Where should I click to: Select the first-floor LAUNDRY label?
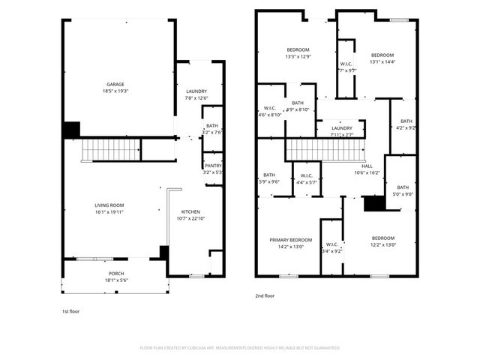click(x=196, y=91)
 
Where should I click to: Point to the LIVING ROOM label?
click(x=109, y=205)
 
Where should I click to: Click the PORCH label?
click(x=115, y=274)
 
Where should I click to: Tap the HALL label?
click(x=367, y=166)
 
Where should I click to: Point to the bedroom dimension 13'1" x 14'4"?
click(x=382, y=62)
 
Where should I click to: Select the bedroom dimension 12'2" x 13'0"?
click(x=382, y=244)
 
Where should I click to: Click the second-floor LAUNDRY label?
click(x=342, y=128)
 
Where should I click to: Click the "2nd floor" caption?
click(x=265, y=296)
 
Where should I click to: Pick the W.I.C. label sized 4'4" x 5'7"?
click(x=306, y=177)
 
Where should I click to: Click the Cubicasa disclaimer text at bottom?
click(x=240, y=348)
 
